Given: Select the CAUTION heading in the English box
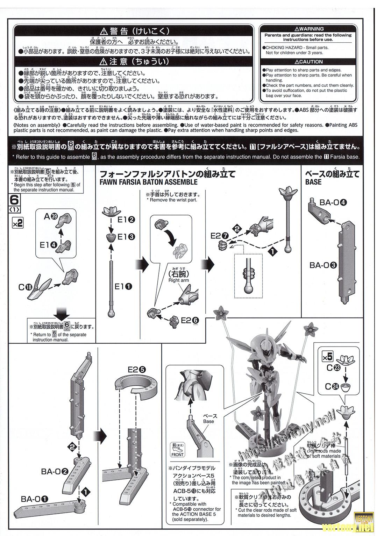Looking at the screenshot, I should [309, 62].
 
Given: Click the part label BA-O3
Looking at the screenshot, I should [323, 265].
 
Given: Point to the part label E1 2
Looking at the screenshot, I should [126, 220].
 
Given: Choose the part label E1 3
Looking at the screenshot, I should [126, 237].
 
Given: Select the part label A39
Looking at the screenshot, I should [50, 217].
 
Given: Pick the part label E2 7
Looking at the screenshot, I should [220, 236].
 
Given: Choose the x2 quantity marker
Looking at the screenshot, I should [18, 223].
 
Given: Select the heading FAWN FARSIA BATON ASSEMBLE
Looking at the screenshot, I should [148, 182].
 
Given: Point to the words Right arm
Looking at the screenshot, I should [178, 280].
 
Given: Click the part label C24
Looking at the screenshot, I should [330, 386].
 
